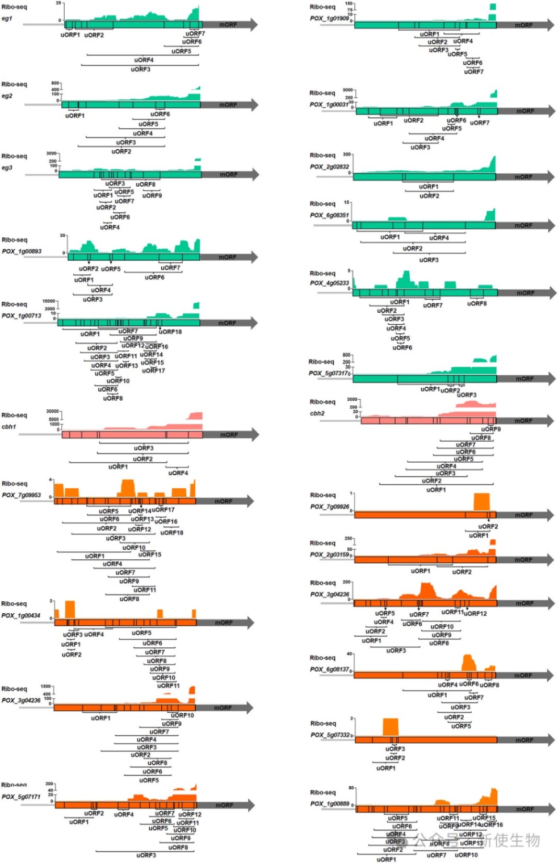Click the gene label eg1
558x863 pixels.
(x=7, y=19)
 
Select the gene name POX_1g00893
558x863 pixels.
(x=22, y=252)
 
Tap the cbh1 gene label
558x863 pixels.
(x=9, y=427)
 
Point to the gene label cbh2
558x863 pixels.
(x=317, y=413)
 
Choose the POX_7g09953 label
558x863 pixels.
(x=22, y=495)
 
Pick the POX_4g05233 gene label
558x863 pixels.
(x=329, y=283)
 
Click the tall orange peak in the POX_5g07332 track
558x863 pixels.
(x=391, y=727)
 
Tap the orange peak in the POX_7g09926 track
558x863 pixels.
(x=481, y=502)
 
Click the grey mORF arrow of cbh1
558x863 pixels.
(x=230, y=435)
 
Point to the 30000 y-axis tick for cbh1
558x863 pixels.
(x=53, y=411)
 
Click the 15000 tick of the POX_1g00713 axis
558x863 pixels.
(x=49, y=301)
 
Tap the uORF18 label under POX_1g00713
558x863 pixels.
(x=170, y=332)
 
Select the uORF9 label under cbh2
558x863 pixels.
(x=491, y=429)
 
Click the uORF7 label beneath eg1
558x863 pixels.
(x=195, y=34)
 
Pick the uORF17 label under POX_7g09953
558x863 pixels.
(x=163, y=510)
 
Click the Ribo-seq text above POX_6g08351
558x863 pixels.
(x=322, y=204)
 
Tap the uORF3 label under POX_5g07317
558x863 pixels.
(x=467, y=395)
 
